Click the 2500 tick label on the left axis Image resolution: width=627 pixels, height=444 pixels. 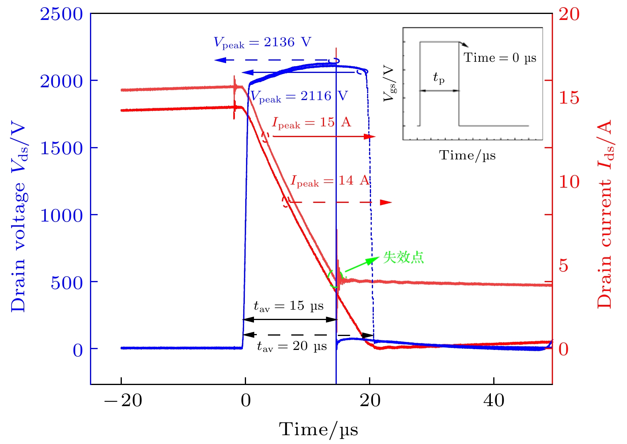click(x=61, y=14)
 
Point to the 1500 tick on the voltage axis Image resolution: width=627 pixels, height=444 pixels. click(x=61, y=148)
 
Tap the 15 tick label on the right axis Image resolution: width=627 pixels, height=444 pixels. click(x=569, y=98)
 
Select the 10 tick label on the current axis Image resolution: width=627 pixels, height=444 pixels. click(x=569, y=182)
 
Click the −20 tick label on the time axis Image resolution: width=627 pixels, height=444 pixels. click(x=123, y=401)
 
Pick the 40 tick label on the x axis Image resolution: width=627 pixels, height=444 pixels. click(x=494, y=401)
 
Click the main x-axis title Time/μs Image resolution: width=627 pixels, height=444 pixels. click(x=318, y=430)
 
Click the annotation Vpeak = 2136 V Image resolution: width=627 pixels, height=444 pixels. click(x=262, y=42)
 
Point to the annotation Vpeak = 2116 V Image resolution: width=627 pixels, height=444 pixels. click(x=299, y=96)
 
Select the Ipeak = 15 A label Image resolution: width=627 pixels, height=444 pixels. click(x=311, y=122)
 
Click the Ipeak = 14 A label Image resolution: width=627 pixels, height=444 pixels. click(x=330, y=181)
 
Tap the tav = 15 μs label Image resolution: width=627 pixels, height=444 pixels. click(x=289, y=306)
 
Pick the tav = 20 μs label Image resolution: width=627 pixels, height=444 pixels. click(x=292, y=346)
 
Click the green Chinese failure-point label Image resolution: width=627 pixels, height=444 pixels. click(x=403, y=257)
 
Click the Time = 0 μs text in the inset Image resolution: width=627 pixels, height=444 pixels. click(x=500, y=58)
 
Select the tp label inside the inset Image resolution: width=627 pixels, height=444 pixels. click(x=439, y=78)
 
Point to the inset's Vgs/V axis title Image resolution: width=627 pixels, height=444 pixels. click(x=389, y=84)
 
